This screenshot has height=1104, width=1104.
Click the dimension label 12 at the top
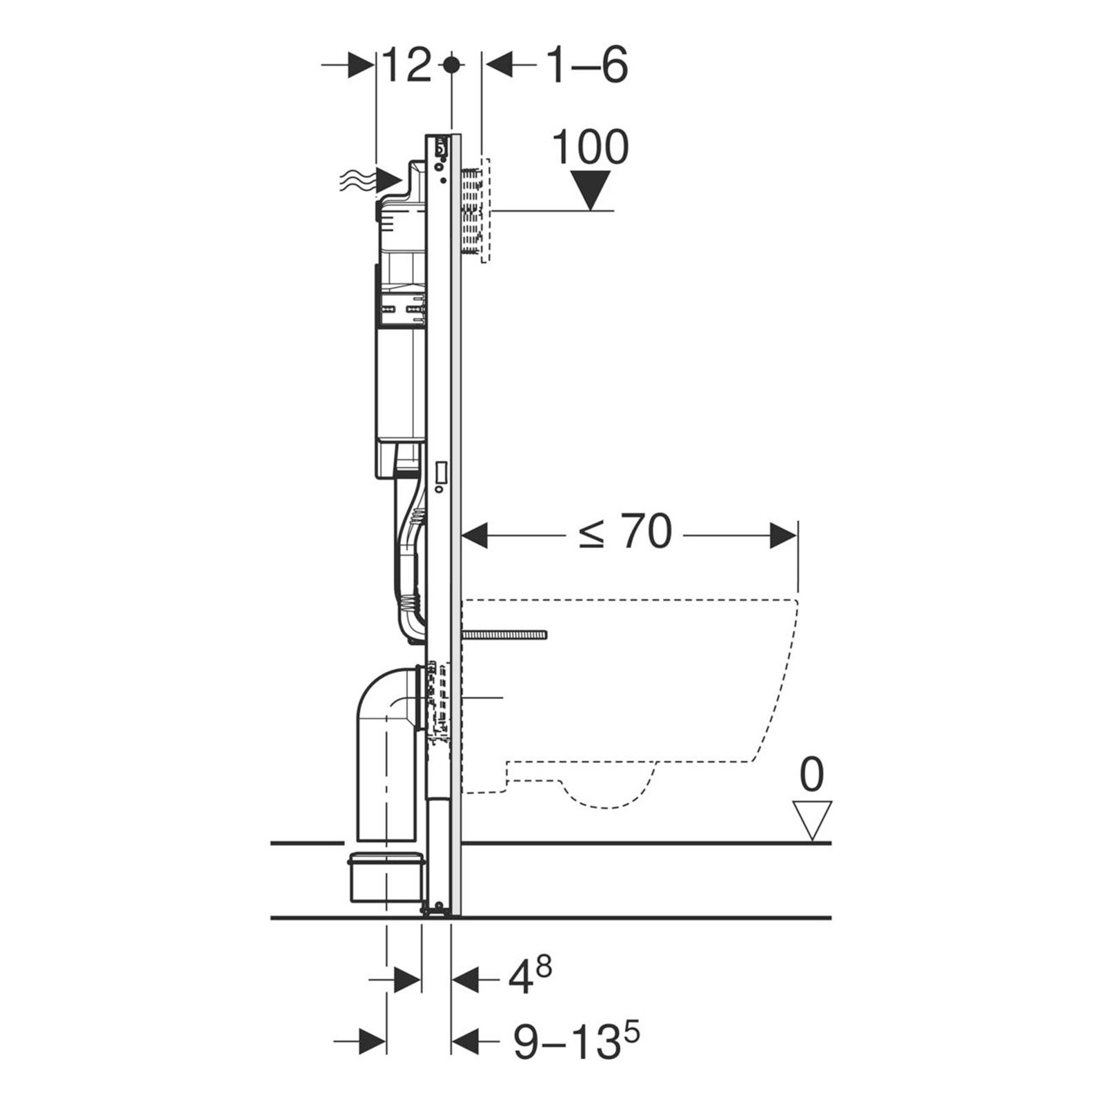(x=408, y=66)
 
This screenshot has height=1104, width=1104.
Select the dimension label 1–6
(x=589, y=66)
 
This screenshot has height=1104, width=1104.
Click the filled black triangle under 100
(x=591, y=191)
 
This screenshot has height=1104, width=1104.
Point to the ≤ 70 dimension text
(x=625, y=533)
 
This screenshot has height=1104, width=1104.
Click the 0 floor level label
(x=811, y=774)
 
